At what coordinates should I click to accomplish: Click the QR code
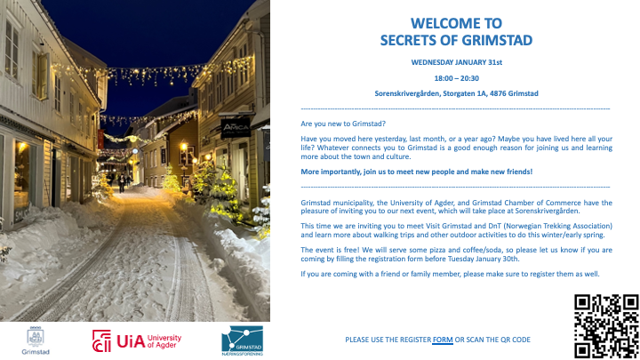tap(606, 326)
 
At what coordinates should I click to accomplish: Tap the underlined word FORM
tap(443, 340)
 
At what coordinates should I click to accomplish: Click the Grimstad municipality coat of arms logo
tap(36, 340)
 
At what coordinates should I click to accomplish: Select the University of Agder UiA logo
tap(137, 340)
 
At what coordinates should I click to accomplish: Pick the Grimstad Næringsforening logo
tap(242, 340)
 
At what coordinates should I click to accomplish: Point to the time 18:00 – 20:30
tap(456, 78)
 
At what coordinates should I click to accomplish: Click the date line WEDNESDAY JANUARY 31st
tap(456, 62)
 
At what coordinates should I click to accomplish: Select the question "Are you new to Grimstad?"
tap(343, 124)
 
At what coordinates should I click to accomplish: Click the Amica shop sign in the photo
tap(236, 128)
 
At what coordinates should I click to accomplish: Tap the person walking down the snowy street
tap(122, 182)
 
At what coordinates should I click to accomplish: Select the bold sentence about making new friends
tap(416, 172)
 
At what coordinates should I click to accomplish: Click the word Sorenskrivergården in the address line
tap(407, 93)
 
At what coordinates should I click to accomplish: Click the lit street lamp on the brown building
tap(184, 146)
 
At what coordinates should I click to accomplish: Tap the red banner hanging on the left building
tap(100, 140)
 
